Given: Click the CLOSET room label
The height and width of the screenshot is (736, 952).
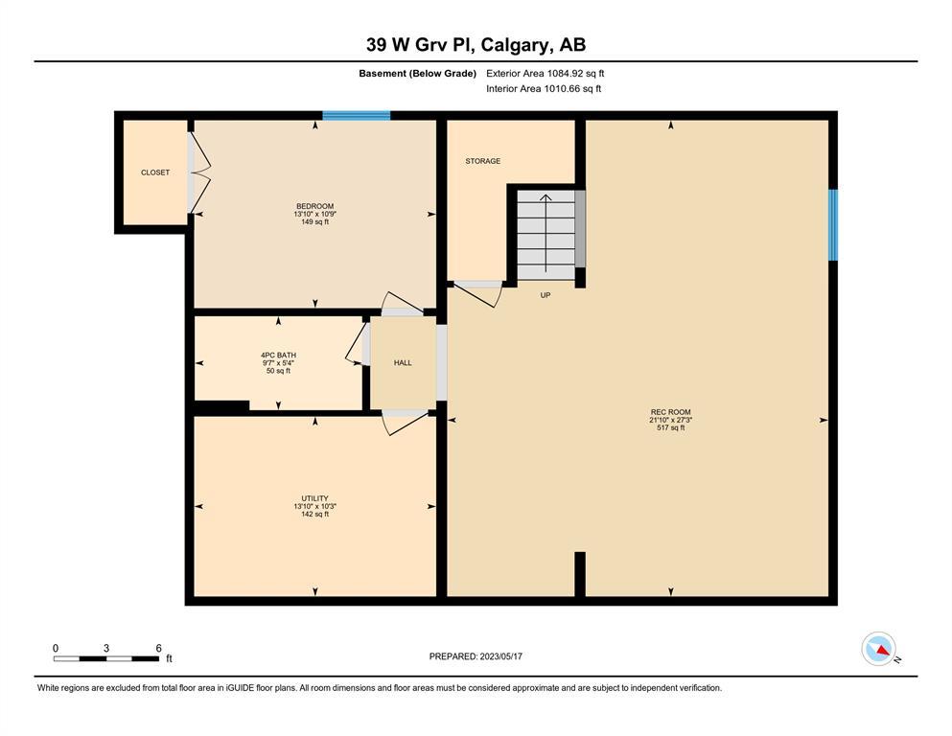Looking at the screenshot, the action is click(x=154, y=172).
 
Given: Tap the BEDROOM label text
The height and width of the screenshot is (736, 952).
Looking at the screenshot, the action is click(x=314, y=206).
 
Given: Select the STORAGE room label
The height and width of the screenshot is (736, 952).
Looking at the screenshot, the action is click(x=482, y=161).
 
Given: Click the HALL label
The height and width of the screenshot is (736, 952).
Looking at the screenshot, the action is click(x=403, y=363).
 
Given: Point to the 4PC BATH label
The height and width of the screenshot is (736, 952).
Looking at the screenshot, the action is click(x=278, y=355).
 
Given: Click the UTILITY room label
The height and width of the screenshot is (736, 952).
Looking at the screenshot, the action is click(x=314, y=498).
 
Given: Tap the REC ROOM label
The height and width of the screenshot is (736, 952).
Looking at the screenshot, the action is click(x=670, y=412).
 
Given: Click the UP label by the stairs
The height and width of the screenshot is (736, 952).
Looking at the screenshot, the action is click(x=546, y=295).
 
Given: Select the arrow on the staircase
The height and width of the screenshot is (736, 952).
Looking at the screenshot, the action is click(x=546, y=233).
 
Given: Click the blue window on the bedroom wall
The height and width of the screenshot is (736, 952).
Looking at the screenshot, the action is click(x=356, y=115).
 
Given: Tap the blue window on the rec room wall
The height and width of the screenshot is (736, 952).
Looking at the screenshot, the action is click(x=833, y=225).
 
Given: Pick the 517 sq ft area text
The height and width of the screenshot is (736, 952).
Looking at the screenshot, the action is click(x=670, y=427).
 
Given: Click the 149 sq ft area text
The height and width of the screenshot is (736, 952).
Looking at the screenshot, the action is click(x=314, y=222).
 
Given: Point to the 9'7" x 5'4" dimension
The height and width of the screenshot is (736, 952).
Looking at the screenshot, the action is click(x=278, y=363).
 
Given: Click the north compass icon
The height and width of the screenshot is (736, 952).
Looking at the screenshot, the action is click(x=878, y=649).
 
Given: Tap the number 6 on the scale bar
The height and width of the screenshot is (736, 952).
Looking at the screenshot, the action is click(x=158, y=648).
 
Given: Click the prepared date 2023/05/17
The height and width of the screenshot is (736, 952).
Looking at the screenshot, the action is click(x=500, y=656).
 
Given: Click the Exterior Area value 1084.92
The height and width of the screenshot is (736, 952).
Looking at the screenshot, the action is click(x=564, y=74).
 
